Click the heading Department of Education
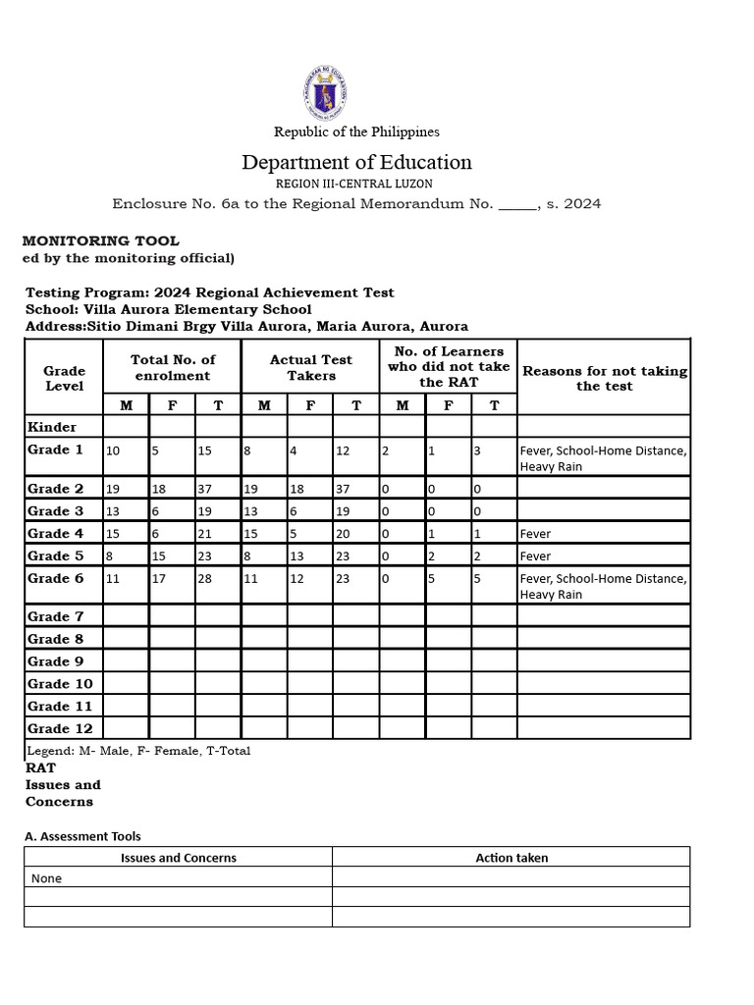[356, 162]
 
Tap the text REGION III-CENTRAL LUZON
[356, 184]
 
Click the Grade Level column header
[65, 378]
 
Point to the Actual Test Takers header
[311, 368]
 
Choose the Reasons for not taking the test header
[605, 378]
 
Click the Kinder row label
[52, 427]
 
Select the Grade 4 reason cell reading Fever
[536, 534]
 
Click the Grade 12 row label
[61, 728]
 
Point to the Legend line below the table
[138, 751]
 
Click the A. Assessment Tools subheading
[82, 836]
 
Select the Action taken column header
[512, 858]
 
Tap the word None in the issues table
[46, 878]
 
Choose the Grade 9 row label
[57, 661]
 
